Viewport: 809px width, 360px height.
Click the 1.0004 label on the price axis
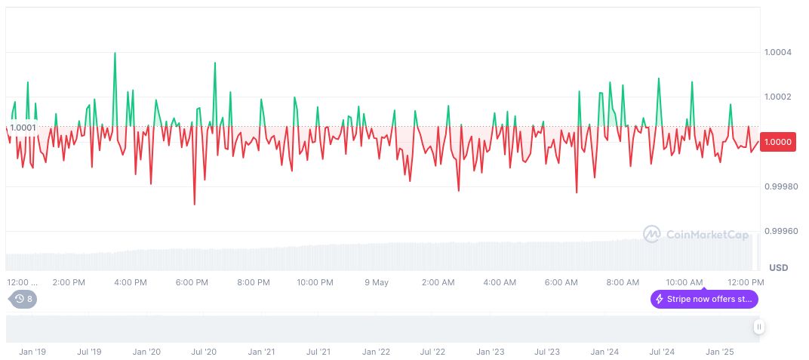[777, 52]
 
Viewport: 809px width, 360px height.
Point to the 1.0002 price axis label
[777, 97]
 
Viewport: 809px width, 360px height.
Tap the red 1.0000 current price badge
[777, 141]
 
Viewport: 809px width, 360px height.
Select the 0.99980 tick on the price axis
[780, 186]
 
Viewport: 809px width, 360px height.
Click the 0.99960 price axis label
[780, 231]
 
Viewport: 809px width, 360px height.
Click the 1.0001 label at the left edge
[23, 127]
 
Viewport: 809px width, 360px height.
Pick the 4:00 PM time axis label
[130, 282]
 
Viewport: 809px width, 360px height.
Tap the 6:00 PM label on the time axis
[192, 282]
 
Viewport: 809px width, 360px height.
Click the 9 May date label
[376, 282]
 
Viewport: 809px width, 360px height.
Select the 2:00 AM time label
[438, 282]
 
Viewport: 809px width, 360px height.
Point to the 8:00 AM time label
[623, 282]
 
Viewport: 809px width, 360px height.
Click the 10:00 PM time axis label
[315, 282]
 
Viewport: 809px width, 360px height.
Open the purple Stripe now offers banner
[704, 299]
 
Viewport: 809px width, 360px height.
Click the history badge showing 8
[23, 299]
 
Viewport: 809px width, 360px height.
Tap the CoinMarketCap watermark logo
[696, 235]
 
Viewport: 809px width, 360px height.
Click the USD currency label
[778, 268]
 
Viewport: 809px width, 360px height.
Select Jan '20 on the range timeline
[146, 352]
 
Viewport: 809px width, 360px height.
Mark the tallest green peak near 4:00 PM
[115, 53]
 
